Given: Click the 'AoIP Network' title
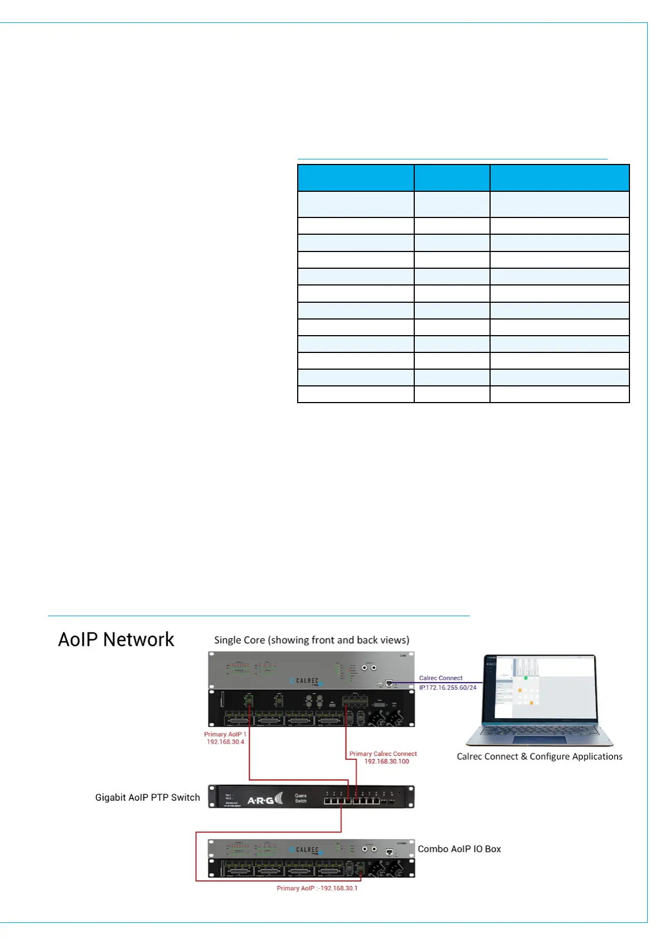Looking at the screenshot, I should (x=116, y=640).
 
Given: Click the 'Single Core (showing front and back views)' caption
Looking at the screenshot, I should (x=312, y=640).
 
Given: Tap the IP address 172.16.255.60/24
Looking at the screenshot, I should (x=448, y=688).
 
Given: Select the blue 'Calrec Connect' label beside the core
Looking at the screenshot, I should (x=440, y=678).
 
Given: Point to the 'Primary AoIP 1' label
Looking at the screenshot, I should (x=225, y=734).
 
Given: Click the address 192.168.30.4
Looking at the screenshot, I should (x=225, y=742).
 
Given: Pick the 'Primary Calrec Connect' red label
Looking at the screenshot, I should (x=383, y=754).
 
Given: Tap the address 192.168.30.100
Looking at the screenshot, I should (x=386, y=762).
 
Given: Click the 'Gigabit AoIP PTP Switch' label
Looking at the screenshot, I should (x=147, y=797).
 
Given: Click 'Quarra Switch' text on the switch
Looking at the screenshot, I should (x=301, y=798).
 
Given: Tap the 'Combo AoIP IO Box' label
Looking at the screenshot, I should (x=459, y=849).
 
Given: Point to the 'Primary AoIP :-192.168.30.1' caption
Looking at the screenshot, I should (x=317, y=888).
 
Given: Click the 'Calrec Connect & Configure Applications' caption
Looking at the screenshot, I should (x=539, y=757).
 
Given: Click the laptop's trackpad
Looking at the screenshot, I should (x=539, y=740).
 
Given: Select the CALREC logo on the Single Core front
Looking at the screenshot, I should (x=306, y=681).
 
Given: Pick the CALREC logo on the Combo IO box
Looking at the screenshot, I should (x=306, y=850).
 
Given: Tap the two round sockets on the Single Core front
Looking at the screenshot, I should (x=369, y=667).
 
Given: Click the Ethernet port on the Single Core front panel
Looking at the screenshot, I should (x=389, y=683).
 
